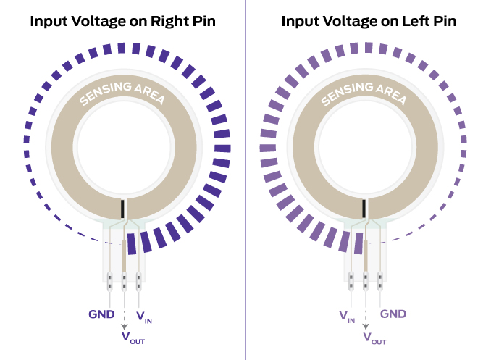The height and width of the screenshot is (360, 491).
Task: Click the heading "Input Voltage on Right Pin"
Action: click(122, 22)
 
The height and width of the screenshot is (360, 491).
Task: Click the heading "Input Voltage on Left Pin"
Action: click(368, 22)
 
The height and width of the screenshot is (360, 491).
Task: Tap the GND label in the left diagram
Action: click(101, 314)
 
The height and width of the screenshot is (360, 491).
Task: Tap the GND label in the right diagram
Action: click(393, 314)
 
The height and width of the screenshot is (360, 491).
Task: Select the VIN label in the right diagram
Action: click(347, 316)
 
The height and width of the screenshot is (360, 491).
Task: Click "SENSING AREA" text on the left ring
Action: click(122, 93)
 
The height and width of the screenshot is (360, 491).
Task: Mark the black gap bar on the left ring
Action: click(124, 208)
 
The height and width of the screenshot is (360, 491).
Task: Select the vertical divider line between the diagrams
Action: click(246, 181)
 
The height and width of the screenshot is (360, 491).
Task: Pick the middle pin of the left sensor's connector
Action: click(124, 279)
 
